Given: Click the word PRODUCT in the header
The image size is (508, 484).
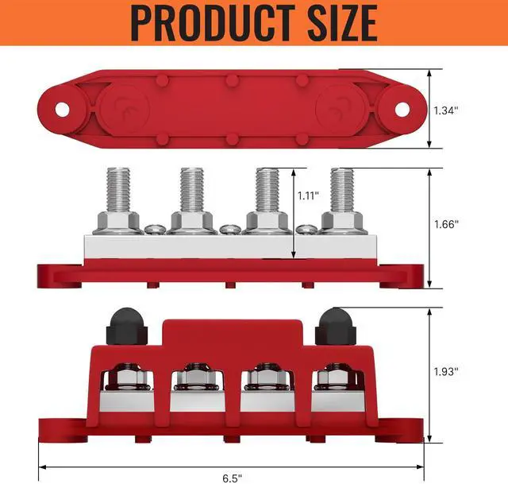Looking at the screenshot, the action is pyautogui.click(x=212, y=23).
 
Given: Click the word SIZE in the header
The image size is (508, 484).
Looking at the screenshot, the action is pyautogui.click(x=342, y=23).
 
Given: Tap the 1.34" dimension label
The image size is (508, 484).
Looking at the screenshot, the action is pyautogui.click(x=446, y=110).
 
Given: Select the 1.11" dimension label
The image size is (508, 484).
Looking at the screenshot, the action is pyautogui.click(x=308, y=196).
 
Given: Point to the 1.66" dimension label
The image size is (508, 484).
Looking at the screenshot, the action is pyautogui.click(x=446, y=224).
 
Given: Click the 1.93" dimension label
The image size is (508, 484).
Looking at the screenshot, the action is pyautogui.click(x=446, y=371).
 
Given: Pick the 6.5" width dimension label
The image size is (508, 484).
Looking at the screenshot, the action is pyautogui.click(x=232, y=478).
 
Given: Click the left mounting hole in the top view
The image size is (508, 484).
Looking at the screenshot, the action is pyautogui.click(x=62, y=110).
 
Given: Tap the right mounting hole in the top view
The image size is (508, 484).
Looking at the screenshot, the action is pyautogui.click(x=402, y=110).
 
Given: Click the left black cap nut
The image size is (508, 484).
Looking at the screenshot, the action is pyautogui.click(x=127, y=326).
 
